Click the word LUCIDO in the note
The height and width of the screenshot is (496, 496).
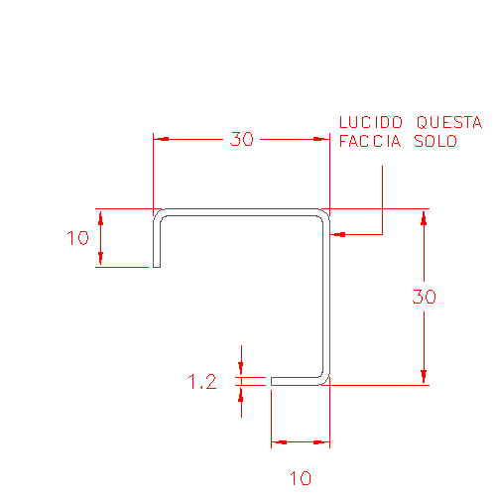(371, 122)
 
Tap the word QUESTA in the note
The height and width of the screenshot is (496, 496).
(449, 122)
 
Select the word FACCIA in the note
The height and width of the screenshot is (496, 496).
(370, 141)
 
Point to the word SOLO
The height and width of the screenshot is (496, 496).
(435, 141)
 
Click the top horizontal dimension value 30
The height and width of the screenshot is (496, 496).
(242, 139)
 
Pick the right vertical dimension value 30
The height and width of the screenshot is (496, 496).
(425, 297)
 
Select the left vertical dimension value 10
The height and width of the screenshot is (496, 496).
(77, 238)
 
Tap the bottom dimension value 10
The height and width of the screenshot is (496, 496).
(301, 478)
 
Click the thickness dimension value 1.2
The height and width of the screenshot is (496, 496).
(202, 381)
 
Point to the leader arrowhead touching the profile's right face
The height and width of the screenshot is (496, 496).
(338, 234)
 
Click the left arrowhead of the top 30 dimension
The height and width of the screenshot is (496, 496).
(162, 139)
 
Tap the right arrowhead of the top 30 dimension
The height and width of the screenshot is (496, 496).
(321, 139)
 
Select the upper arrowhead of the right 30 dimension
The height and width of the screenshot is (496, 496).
(424, 217)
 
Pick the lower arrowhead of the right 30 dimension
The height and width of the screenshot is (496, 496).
(424, 377)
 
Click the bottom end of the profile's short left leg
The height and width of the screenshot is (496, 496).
(157, 267)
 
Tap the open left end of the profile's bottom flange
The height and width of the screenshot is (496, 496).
(272, 381)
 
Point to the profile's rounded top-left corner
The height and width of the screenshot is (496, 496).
(158, 213)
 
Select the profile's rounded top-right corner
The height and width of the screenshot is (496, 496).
(325, 213)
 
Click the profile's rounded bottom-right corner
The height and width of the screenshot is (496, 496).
(325, 381)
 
